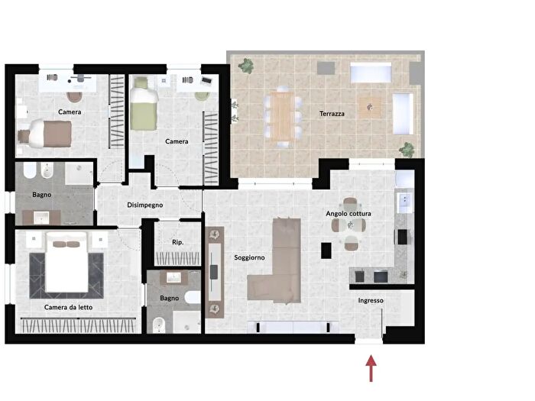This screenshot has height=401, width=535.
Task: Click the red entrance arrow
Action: pyautogui.click(x=371, y=368)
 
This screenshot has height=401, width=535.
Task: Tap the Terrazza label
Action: pyautogui.click(x=332, y=114)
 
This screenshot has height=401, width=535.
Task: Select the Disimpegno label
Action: pyautogui.click(x=144, y=205)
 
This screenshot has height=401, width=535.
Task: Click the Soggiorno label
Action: pyautogui.click(x=249, y=257)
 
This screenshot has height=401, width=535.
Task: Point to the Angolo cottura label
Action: pyautogui.click(x=349, y=213)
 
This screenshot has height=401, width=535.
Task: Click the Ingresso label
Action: pyautogui.click(x=371, y=300)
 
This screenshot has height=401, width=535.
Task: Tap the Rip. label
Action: pyautogui.click(x=178, y=242)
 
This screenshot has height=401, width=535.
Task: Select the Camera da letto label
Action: pyautogui.click(x=68, y=307)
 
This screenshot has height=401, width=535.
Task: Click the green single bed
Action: pyautogui.click(x=144, y=104)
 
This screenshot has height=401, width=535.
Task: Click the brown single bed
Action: pyautogui.click(x=46, y=134)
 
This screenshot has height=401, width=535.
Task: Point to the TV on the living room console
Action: pyautogui.click(x=214, y=272)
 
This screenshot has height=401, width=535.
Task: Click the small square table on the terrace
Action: pyautogui.click(x=370, y=108)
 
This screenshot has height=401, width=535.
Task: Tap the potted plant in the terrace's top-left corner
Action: pyautogui.click(x=246, y=66)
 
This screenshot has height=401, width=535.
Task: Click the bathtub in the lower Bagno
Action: pyautogui.click(x=193, y=297)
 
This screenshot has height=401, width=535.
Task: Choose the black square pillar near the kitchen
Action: pyautogui.click(x=326, y=251)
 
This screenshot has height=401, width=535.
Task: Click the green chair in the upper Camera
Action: pyautogui.click(x=203, y=96)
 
